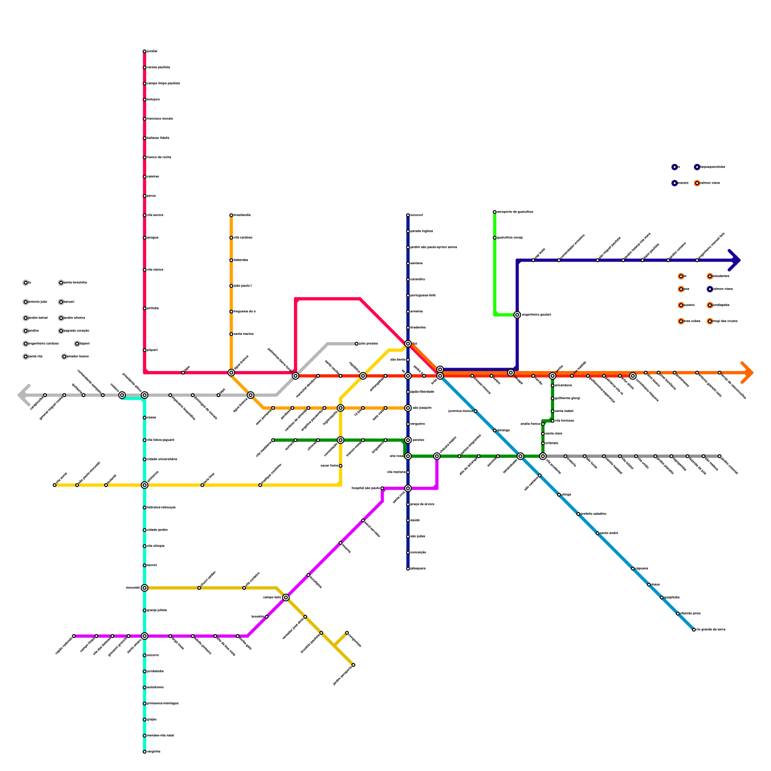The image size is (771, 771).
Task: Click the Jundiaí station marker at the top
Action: click(145, 51)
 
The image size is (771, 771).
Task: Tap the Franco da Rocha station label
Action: click(159, 158)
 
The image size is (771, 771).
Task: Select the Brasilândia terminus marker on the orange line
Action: click(231, 215)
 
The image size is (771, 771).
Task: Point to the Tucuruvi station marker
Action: click(408, 215)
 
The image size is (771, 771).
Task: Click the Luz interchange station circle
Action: click(408, 344)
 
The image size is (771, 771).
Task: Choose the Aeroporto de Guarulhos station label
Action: click(515, 212)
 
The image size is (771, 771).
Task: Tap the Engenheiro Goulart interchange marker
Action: click(517, 315)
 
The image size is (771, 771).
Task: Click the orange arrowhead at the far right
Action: click(748, 372)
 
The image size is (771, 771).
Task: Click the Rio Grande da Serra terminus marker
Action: click(694, 630)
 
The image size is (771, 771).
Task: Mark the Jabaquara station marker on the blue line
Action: click(408, 569)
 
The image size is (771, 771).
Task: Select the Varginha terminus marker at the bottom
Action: click(145, 752)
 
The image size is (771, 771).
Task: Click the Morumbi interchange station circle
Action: click(145, 588)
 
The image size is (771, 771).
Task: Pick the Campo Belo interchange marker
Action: click(286, 598)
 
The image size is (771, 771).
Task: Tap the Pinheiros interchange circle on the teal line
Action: click(145, 485)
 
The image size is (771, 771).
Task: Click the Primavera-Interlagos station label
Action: click(162, 704)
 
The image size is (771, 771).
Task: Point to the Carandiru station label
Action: click(417, 279)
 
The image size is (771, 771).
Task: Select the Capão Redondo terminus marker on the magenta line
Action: click(74, 636)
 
